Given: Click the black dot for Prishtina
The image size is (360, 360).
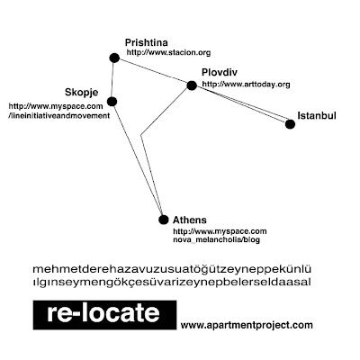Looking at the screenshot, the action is coord(114,58).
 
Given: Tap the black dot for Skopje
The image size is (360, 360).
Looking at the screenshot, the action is coord(112,102).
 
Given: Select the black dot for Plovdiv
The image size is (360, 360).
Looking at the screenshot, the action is coord(192,85).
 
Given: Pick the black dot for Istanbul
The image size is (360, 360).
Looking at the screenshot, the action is coord(290,124).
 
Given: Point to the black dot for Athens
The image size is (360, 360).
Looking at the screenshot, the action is coord(164,220).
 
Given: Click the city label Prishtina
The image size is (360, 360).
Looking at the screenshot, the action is coord(147,42).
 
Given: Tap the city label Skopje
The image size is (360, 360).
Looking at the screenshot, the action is coord(82,93).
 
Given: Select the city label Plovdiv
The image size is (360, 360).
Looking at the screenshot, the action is coord(220,72).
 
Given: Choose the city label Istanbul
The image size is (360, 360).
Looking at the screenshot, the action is coord(317,115).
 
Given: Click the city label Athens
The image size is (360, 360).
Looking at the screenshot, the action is coord(190,220).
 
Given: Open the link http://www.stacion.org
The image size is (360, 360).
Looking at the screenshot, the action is coord(168,52).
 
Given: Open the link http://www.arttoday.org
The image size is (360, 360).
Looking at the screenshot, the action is coord(246,85).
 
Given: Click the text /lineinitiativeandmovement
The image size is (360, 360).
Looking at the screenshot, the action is coord(59,115).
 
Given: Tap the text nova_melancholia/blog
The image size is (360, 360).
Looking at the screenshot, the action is coord(216,239).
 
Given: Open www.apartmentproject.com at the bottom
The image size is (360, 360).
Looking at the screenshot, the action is coord(247,325).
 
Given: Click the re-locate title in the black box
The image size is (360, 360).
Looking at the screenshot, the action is coord(103,313).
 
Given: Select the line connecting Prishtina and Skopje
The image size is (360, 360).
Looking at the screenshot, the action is coord(112,80).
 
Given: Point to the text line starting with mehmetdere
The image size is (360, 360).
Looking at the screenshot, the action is coord(172,269).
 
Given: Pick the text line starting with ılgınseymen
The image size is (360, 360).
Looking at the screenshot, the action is coord(172,282).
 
